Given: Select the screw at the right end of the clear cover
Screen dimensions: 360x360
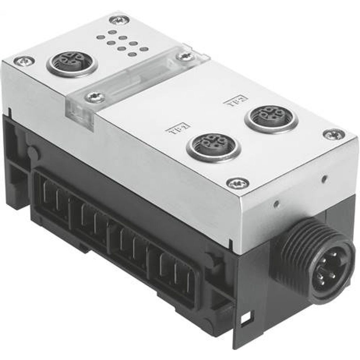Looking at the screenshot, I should [x=186, y=57].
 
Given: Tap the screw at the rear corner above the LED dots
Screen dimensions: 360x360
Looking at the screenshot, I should [x=119, y=20].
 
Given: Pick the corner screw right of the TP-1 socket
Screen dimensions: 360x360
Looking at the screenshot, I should [x=334, y=134].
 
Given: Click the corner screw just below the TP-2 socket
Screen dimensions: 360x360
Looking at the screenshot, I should [x=238, y=183].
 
